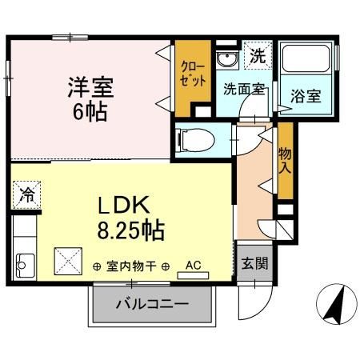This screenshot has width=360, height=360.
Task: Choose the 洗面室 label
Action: pyautogui.click(x=245, y=90)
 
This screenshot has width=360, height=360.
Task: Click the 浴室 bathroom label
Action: pyautogui.click(x=306, y=97)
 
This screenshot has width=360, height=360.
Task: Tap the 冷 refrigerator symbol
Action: pyautogui.click(x=26, y=194)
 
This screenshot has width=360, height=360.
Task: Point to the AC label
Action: pyautogui.click(x=193, y=264)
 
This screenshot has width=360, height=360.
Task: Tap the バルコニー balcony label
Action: pyautogui.click(x=152, y=305)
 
